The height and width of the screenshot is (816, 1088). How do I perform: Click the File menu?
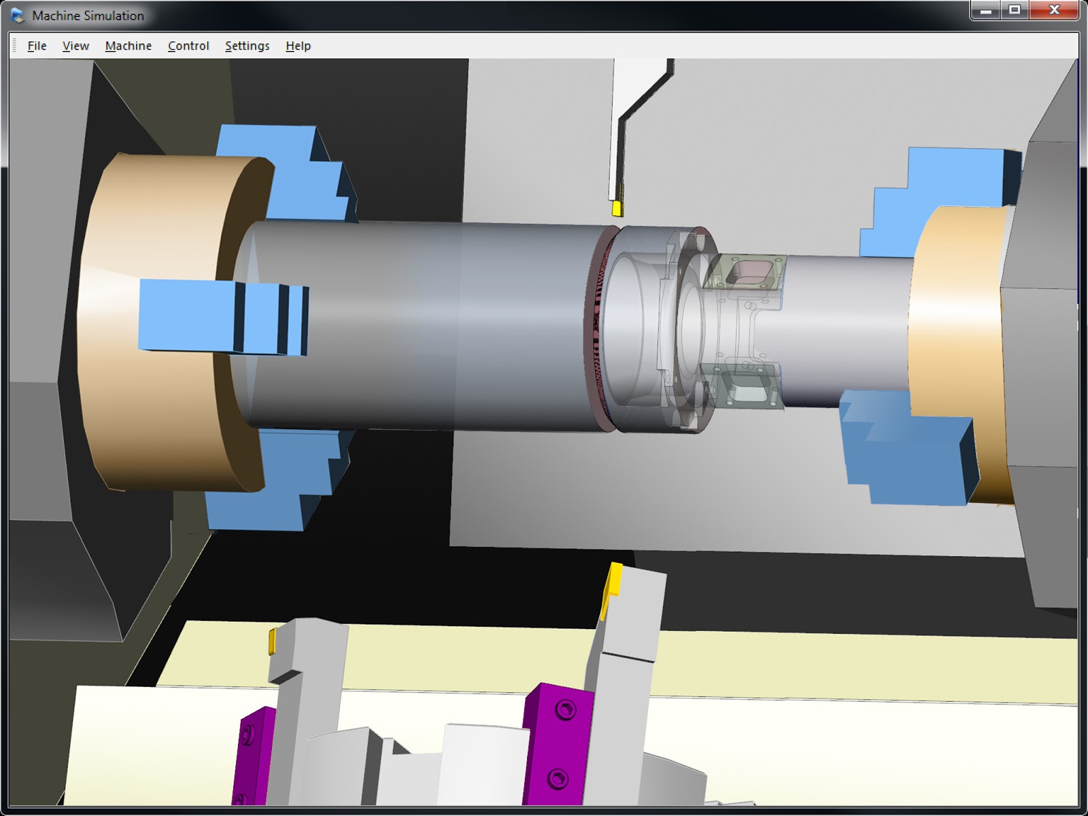pyautogui.click(x=37, y=46)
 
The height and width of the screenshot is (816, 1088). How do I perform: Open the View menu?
pyautogui.click(x=75, y=46)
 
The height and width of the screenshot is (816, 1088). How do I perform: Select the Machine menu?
pyautogui.click(x=128, y=46)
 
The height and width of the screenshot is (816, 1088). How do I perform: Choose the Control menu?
pyautogui.click(x=188, y=46)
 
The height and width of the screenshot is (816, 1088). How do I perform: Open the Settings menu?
pyautogui.click(x=247, y=46)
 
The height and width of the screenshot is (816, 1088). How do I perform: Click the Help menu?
pyautogui.click(x=298, y=46)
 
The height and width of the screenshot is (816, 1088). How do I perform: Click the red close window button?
pyautogui.click(x=1054, y=10)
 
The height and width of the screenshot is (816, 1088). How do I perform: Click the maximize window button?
pyautogui.click(x=1015, y=10)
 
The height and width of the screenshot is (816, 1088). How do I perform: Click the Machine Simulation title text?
pyautogui.click(x=88, y=15)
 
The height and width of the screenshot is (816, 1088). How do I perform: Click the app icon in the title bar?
pyautogui.click(x=18, y=15)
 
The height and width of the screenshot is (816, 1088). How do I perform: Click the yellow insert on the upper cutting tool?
pyautogui.click(x=617, y=207)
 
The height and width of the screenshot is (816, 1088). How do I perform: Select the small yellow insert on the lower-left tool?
pyautogui.click(x=272, y=641)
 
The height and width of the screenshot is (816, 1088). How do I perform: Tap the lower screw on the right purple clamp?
pyautogui.click(x=558, y=777)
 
